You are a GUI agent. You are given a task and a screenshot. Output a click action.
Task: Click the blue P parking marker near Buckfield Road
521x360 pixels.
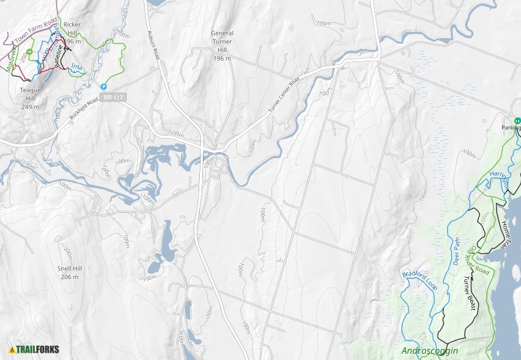point(104,87)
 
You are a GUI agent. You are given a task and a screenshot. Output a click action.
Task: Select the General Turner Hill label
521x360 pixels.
point(222,45)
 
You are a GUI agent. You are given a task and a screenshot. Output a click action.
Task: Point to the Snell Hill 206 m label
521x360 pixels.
point(69,272)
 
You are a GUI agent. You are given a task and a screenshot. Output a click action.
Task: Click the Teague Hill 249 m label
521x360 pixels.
point(29,98)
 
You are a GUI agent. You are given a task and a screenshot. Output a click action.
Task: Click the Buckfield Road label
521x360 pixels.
point(84,108)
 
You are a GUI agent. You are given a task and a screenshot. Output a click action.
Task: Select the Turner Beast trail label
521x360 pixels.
point(470,293)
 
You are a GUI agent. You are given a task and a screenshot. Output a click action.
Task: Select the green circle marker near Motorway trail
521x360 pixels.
point(29,51)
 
